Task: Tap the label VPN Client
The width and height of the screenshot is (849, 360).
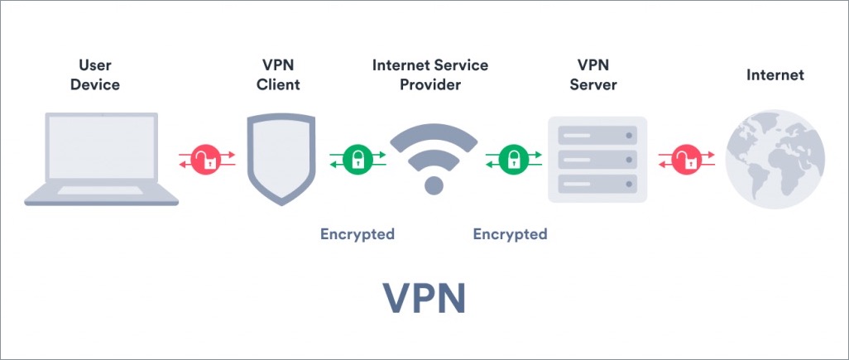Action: click(278, 74)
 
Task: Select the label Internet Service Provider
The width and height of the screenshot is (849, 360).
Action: click(429, 74)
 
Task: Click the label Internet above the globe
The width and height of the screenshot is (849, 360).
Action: click(775, 75)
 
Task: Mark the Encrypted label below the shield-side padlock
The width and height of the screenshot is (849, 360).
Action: click(357, 234)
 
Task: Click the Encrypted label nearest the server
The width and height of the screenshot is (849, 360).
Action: click(510, 234)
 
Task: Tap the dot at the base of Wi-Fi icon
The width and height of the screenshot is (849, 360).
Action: click(434, 185)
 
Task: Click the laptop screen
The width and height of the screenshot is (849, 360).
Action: click(101, 149)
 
